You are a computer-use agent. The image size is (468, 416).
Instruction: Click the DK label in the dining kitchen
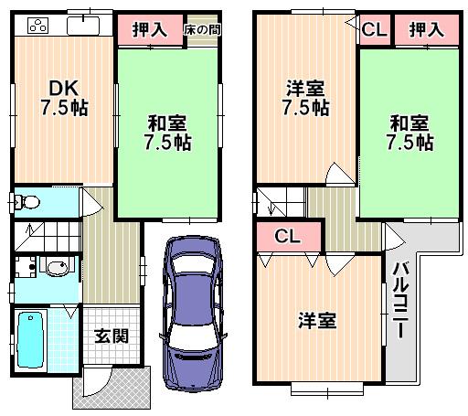point(63,88)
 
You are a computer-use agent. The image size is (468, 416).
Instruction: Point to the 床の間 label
point(201,29)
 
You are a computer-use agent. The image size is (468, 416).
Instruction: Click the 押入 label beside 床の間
point(150,29)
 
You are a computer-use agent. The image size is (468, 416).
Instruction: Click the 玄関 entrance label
point(111,336)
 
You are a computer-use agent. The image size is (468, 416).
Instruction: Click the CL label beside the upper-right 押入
point(374,29)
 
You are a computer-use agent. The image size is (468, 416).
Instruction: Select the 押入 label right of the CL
point(426,29)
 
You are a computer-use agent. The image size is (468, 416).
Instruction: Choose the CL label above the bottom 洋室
point(288,237)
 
